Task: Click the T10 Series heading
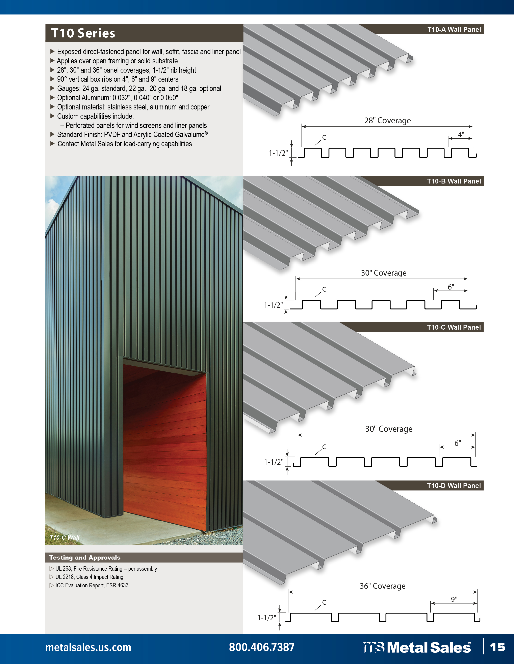click(x=83, y=33)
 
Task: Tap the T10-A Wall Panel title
click(x=454, y=30)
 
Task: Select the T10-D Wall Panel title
click(x=454, y=486)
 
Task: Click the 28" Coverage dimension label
click(x=387, y=121)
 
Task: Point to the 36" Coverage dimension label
click(x=382, y=586)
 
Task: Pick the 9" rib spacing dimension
click(x=454, y=599)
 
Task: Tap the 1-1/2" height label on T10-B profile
click(x=273, y=305)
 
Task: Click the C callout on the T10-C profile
click(x=324, y=447)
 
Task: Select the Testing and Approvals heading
click(x=85, y=557)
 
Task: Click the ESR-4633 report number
click(x=117, y=585)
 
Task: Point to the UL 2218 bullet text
click(x=89, y=577)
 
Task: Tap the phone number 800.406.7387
click(x=262, y=647)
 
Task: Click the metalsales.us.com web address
click(x=88, y=647)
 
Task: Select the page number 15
click(x=497, y=647)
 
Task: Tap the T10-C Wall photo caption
click(x=64, y=537)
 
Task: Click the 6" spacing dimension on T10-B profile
click(x=451, y=287)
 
